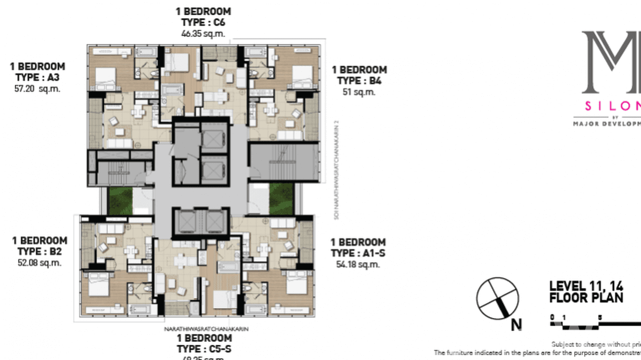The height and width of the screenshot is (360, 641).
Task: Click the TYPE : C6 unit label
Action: [x=203, y=22]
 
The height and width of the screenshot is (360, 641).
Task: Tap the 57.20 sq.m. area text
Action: [x=38, y=89]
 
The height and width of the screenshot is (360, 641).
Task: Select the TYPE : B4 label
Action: [x=359, y=81]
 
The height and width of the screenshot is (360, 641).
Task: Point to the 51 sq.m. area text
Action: [x=359, y=92]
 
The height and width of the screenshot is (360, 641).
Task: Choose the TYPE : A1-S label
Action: [x=358, y=253]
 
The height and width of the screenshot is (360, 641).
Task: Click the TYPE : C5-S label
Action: [x=204, y=349]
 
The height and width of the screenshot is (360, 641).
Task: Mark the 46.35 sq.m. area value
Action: [x=203, y=33]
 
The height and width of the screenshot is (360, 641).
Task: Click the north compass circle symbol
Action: [x=497, y=298]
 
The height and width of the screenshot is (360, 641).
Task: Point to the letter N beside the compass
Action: [x=516, y=325]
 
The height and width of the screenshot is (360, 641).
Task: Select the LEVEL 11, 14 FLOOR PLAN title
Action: [x=586, y=292]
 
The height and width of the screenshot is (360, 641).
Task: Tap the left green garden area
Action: [x=120, y=200]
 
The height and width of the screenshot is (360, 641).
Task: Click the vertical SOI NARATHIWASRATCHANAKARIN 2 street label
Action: [x=337, y=170]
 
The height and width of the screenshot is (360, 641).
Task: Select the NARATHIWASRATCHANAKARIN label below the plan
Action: [x=206, y=329]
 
